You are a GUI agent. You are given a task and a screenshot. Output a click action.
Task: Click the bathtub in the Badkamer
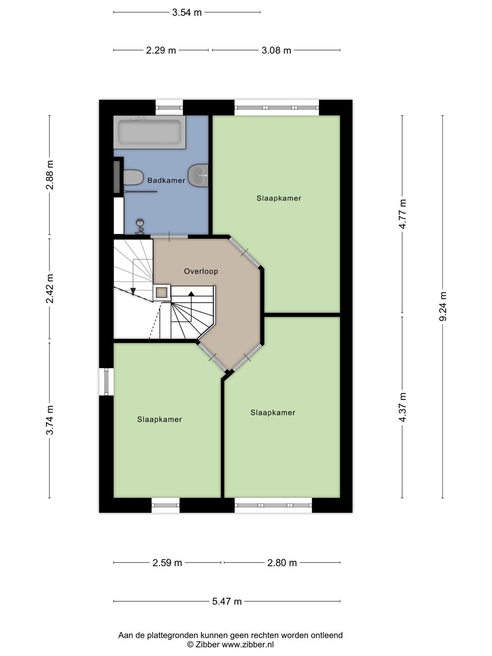click(149, 132)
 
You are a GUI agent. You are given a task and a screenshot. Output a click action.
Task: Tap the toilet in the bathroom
click(133, 177)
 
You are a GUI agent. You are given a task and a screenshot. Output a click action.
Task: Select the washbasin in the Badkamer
click(198, 175)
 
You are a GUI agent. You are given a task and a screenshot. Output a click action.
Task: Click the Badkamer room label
click(166, 180)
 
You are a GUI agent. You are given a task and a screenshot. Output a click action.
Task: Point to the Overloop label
click(201, 272)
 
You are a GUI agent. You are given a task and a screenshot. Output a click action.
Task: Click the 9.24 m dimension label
click(443, 306)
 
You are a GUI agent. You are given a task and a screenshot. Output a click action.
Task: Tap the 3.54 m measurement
click(187, 13)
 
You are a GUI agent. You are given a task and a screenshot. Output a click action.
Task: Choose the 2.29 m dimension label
click(161, 50)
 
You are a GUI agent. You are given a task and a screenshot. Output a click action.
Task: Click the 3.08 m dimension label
click(277, 50)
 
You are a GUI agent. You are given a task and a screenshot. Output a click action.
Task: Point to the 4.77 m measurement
click(402, 214)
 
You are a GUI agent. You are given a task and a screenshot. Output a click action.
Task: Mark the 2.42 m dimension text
click(50, 289)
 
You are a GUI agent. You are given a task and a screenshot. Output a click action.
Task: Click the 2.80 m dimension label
click(282, 563)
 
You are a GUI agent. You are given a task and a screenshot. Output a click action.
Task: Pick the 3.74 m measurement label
click(50, 420)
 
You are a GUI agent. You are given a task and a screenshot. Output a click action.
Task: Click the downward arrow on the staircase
click(133, 291)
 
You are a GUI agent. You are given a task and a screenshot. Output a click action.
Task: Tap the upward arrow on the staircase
click(191, 294)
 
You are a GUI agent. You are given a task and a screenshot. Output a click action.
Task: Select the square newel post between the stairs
click(162, 293)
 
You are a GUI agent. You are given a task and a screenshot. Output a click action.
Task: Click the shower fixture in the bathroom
click(140, 226)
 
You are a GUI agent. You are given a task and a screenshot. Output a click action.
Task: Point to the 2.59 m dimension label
click(167, 563)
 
